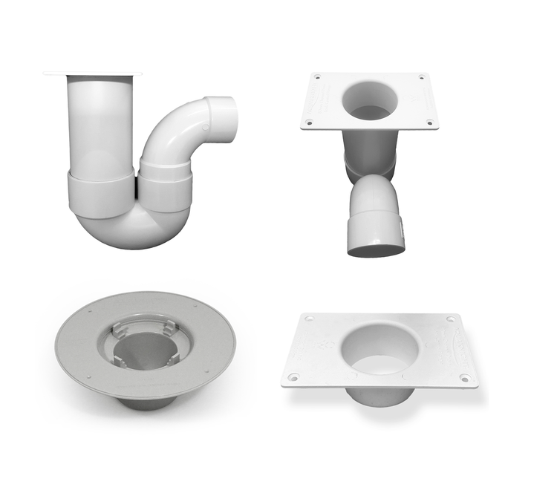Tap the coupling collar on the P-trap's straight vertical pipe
(102, 192)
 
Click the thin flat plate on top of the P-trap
(92, 74)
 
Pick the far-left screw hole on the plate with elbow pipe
(317, 77)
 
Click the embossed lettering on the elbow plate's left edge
(320, 100)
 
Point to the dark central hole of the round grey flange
(145, 349)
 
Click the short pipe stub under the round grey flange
(145, 402)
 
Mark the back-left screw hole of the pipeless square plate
(309, 318)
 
